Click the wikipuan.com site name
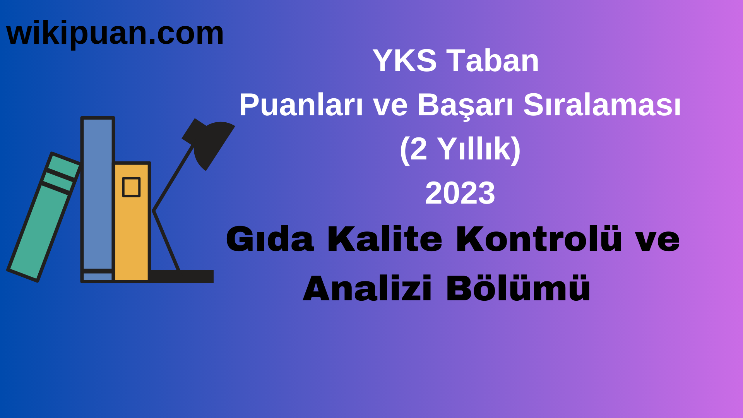(115, 34)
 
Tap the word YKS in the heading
(404, 61)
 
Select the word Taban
(493, 61)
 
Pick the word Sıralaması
(602, 105)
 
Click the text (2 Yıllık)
(460, 149)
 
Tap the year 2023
(460, 193)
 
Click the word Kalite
(385, 240)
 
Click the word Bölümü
(518, 288)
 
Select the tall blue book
(98, 194)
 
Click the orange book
(132, 232)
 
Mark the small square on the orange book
(131, 187)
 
